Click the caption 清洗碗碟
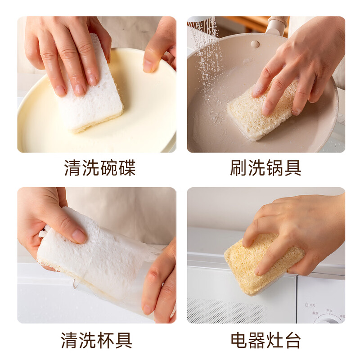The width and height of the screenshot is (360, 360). [99, 168]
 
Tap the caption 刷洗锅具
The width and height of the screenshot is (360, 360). [265, 168]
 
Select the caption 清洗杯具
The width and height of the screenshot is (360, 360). [97, 340]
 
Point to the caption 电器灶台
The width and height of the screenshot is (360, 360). [265, 340]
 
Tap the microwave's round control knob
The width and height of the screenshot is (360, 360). [328, 319]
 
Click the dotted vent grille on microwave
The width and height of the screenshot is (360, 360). [225, 310]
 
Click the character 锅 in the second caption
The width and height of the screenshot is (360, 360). [274, 168]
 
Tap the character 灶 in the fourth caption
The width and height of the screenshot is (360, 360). [274, 340]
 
